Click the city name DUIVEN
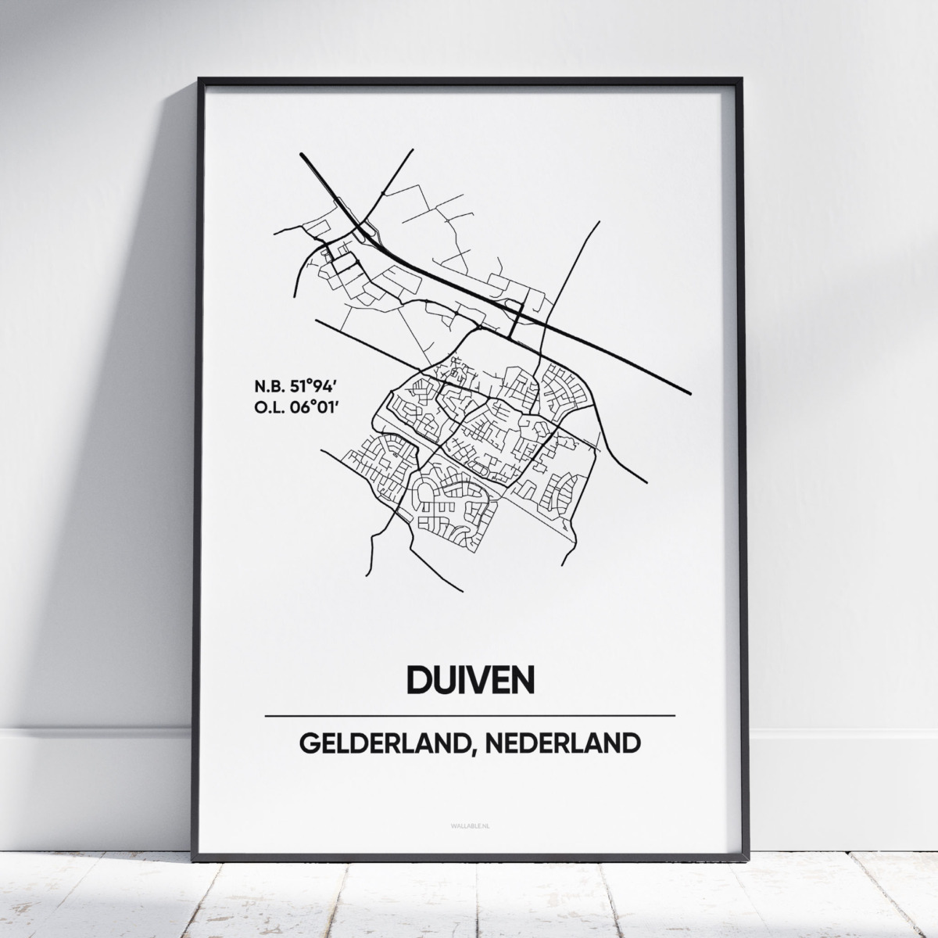(x=470, y=678)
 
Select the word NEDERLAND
(x=560, y=743)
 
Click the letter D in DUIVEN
(x=418, y=678)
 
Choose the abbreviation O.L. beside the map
(x=267, y=407)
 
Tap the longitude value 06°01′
(x=313, y=407)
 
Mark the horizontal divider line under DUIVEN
(x=470, y=715)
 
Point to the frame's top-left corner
(x=200, y=80)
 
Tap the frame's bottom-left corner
(x=200, y=855)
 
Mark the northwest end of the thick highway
(x=302, y=154)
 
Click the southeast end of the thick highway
(x=689, y=392)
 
